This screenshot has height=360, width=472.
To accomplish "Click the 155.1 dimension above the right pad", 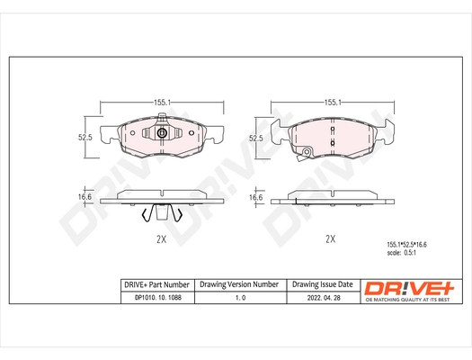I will click(x=330, y=103).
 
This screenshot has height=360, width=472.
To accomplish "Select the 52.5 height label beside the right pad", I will click(x=255, y=138).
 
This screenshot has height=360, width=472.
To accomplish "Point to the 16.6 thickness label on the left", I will click(x=86, y=195).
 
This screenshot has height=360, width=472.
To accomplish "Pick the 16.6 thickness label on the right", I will click(x=254, y=196).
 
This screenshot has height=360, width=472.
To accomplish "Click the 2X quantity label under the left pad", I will click(x=162, y=239).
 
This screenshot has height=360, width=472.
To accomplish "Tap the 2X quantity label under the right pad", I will click(x=329, y=239).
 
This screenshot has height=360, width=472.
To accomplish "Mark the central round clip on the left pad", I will click(x=162, y=135).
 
